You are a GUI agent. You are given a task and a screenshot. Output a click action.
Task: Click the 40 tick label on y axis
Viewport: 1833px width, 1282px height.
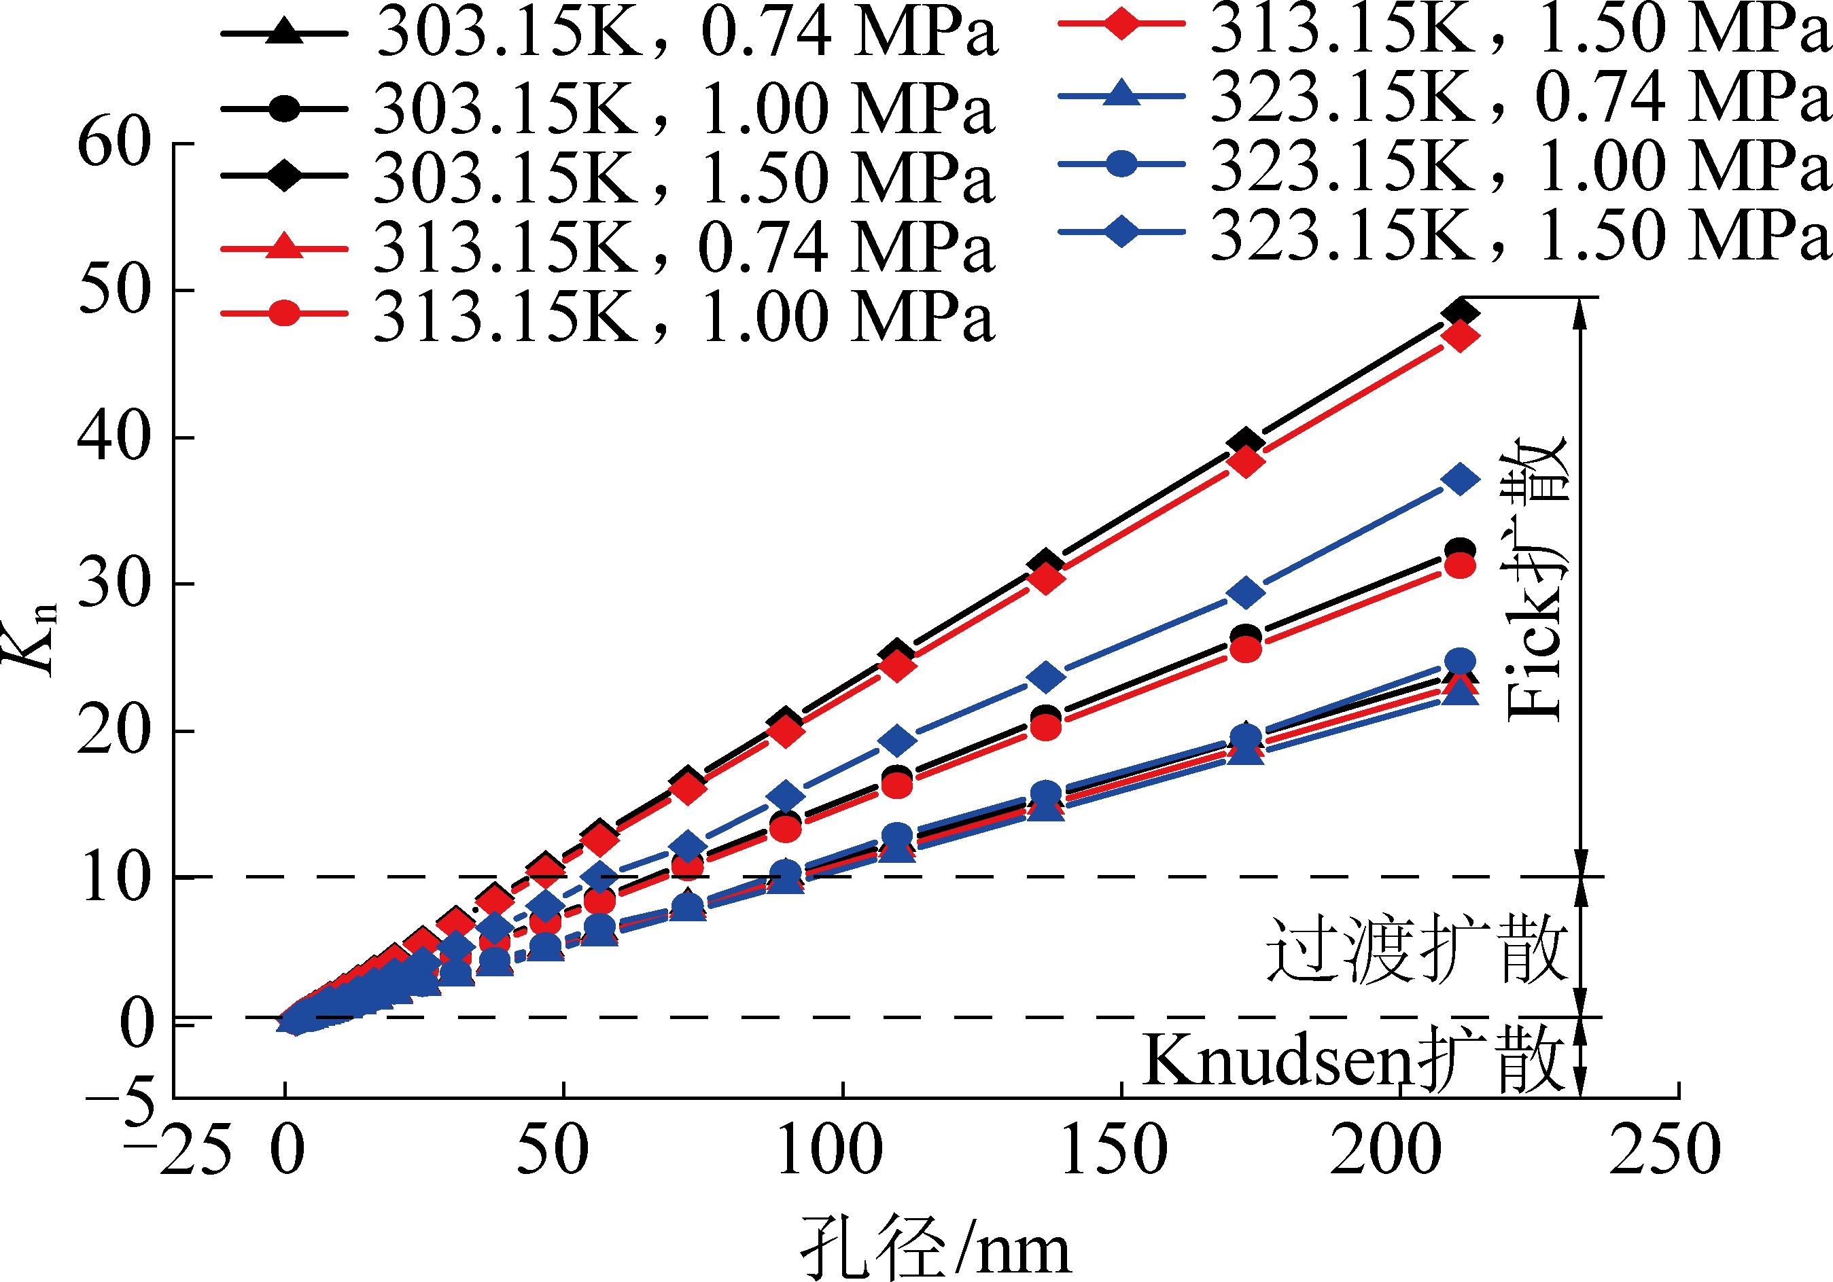point(114,438)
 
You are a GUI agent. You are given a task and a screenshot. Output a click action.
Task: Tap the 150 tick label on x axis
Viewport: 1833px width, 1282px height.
point(1114,1152)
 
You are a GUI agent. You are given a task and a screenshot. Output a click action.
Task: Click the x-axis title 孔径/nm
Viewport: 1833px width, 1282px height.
point(934,1247)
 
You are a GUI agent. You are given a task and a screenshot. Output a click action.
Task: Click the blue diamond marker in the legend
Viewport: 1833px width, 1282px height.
point(1121,232)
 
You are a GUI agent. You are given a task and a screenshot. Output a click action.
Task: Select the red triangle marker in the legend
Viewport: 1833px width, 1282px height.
point(284,247)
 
